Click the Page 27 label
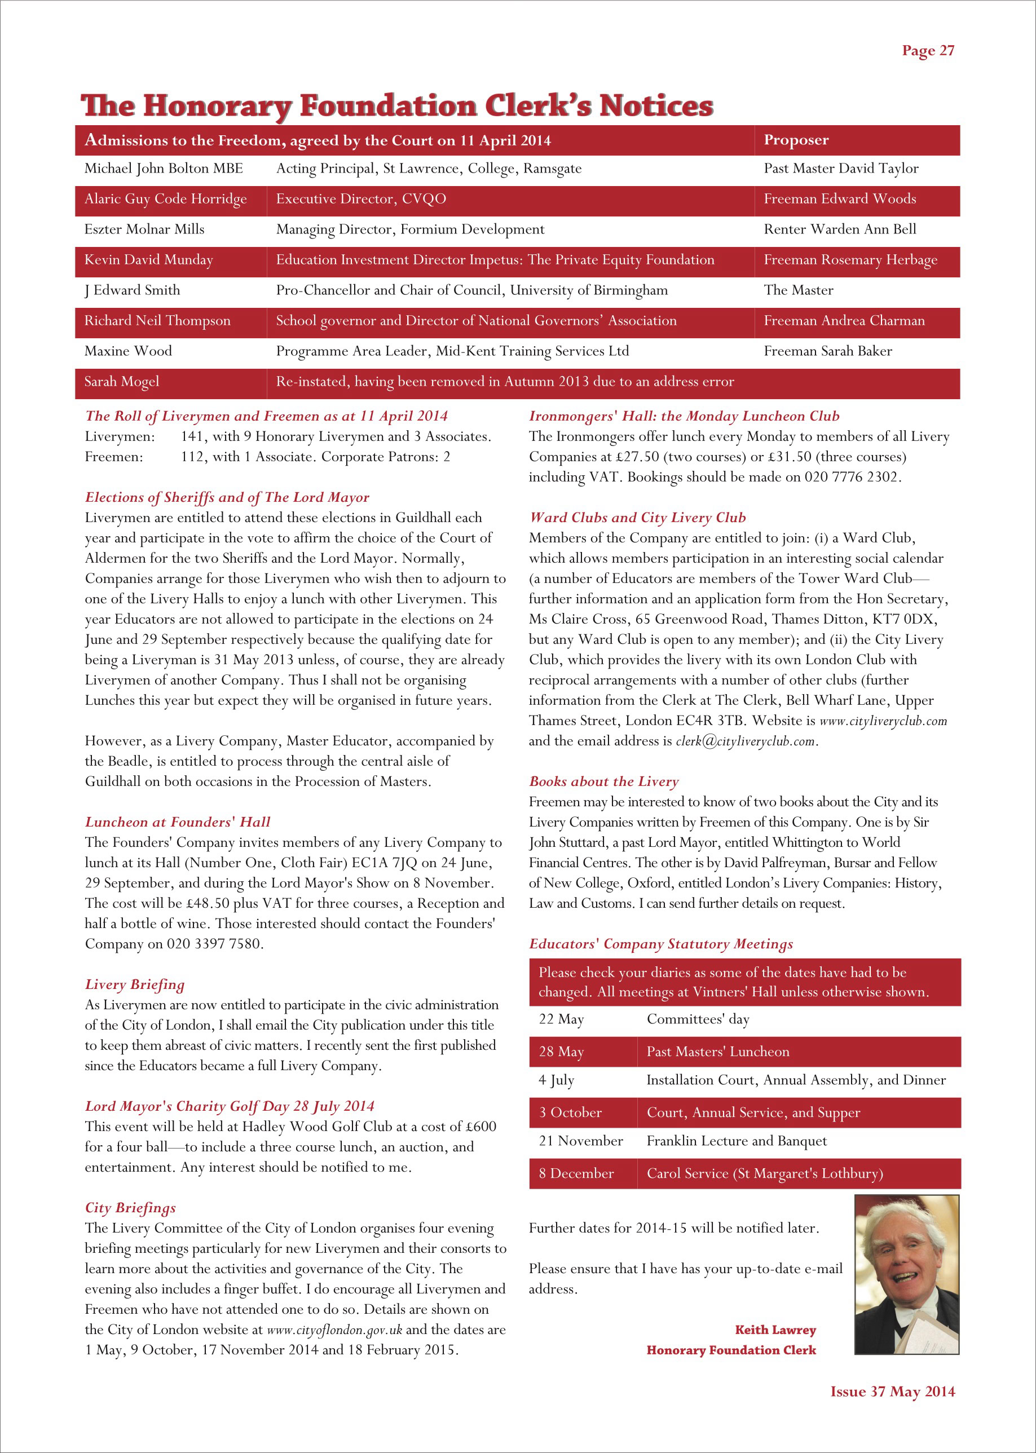928,50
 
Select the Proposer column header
796,140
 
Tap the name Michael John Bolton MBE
164,169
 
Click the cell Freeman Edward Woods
840,199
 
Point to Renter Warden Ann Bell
840,229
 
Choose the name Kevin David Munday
149,259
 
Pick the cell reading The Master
798,290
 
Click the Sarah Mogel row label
122,381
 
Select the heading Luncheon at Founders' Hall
177,822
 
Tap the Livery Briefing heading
135,984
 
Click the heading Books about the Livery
603,781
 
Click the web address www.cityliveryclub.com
883,721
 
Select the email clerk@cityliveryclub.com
745,741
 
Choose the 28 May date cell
561,1052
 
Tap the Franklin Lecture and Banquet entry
736,1141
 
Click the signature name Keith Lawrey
775,1330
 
